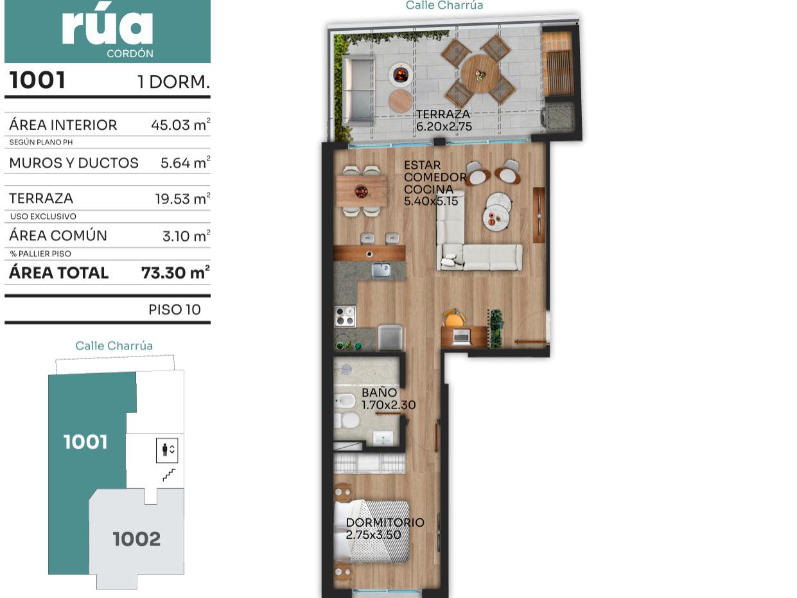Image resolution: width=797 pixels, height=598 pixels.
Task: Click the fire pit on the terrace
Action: coord(400,75)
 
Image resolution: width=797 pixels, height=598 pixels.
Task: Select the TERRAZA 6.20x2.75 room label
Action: coord(444,120)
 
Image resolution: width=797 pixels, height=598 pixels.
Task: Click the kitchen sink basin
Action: coord(381,270)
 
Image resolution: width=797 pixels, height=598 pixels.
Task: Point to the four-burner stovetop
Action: coord(345,316)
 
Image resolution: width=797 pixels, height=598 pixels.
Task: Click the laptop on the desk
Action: coord(462,337)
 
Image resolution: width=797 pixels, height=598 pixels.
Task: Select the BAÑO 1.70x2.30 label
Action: coord(389,399)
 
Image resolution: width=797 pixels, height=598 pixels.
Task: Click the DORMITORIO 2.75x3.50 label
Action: coord(385,529)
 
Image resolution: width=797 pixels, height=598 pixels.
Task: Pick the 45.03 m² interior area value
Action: coord(180,125)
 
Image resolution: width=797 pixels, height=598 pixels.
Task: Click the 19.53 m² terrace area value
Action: coord(182,198)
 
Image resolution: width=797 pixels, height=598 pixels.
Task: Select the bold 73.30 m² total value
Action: coord(175,273)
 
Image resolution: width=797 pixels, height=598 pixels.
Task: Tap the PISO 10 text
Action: coord(175,310)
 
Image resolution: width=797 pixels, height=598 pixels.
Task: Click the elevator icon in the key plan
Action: coord(167,450)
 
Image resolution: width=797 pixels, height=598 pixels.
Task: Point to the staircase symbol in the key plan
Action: coord(169,475)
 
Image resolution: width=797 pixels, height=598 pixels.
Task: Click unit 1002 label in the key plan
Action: coord(137,539)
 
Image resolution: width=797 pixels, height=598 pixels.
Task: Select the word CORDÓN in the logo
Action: coord(130,54)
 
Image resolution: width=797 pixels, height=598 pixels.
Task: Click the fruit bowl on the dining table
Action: coord(362,191)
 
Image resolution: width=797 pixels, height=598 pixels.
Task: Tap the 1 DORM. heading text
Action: coord(173,82)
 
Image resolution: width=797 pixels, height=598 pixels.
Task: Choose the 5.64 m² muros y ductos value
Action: coord(186,163)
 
